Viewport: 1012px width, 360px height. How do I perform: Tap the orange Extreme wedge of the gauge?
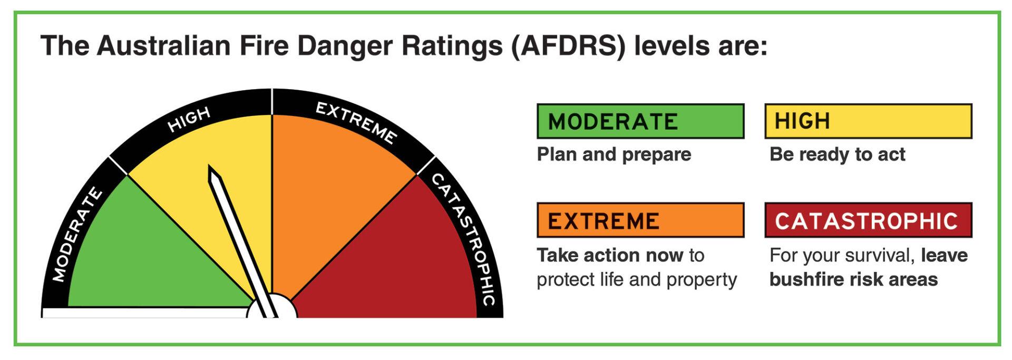337,179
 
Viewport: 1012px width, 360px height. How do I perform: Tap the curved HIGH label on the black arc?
189,120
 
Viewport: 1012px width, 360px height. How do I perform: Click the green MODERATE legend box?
640,121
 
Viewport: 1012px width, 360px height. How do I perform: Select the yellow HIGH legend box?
868,121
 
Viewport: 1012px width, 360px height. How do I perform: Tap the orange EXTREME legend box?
640,220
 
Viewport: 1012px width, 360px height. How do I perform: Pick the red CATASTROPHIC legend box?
868,220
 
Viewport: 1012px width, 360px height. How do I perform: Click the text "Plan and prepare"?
614,154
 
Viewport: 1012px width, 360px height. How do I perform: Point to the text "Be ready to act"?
837,154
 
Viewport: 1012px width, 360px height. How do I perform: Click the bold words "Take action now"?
610,255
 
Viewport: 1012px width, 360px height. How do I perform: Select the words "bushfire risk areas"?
853,279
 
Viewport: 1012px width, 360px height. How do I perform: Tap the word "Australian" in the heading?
164,46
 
